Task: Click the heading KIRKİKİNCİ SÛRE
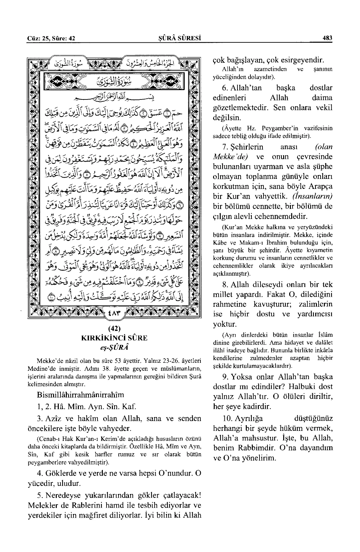click(115, 338)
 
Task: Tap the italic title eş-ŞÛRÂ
click(115, 346)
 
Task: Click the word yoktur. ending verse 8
click(225, 324)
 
